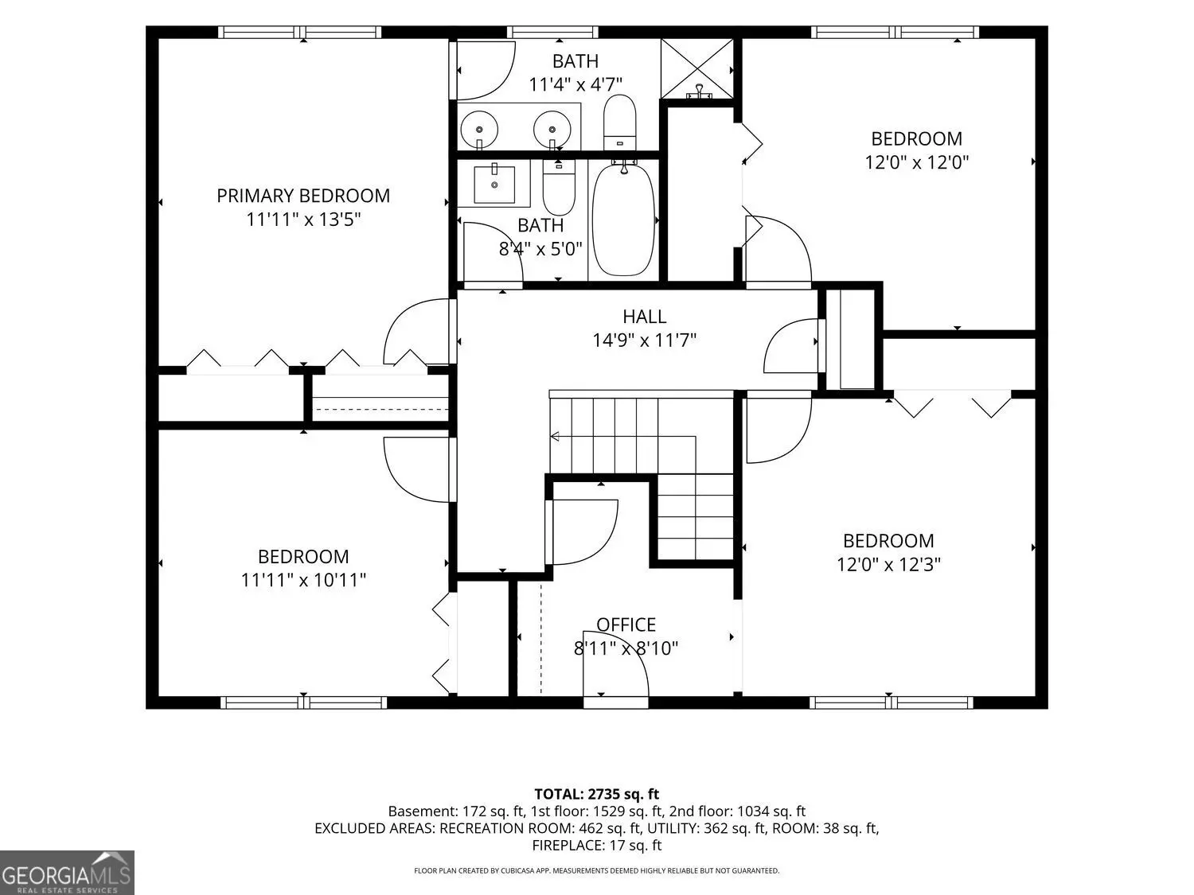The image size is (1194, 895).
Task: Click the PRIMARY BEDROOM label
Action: click(303, 196)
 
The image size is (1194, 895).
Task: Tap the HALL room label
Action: click(644, 317)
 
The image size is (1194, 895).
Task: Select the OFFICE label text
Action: click(626, 625)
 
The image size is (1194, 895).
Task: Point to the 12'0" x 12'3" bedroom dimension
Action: click(888, 565)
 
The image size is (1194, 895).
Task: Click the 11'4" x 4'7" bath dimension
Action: click(575, 85)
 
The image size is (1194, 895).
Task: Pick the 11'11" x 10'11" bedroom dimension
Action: click(303, 581)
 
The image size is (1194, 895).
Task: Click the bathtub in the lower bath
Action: click(623, 219)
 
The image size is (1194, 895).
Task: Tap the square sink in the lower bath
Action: click(494, 184)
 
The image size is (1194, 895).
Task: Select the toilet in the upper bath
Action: click(619, 123)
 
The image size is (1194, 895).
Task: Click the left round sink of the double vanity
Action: click(479, 130)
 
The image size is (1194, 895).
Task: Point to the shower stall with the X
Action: click(696, 68)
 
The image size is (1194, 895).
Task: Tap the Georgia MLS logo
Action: click(67, 873)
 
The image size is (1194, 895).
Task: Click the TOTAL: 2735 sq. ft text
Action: click(597, 794)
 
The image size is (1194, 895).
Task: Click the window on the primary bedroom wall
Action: click(299, 32)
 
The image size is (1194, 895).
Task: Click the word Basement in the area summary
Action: click(423, 811)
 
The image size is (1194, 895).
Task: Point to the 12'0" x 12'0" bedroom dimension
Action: click(916, 162)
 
